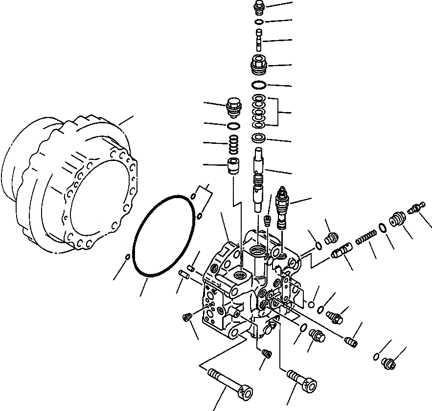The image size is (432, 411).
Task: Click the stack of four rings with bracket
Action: (x=259, y=110)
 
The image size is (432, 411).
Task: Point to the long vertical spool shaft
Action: (x=259, y=181)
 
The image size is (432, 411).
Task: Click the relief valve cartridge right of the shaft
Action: (x=283, y=205)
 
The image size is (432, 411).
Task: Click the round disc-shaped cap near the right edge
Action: (x=397, y=220)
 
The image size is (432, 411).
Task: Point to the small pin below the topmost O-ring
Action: (x=259, y=39)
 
